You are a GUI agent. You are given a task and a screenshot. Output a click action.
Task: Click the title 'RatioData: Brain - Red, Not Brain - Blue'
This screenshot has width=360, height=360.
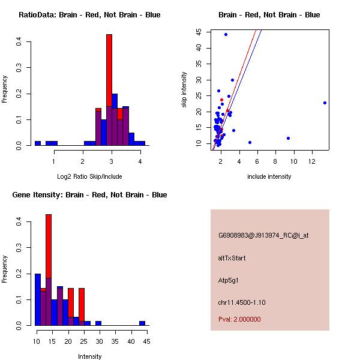[x=89, y=15]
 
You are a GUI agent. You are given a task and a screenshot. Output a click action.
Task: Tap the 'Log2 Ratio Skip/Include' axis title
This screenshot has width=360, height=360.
[x=89, y=176]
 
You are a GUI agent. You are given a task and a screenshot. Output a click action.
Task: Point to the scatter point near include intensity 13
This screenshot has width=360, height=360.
[x=325, y=103]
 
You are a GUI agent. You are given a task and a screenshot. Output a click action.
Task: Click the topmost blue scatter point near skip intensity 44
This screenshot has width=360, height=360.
[x=226, y=34]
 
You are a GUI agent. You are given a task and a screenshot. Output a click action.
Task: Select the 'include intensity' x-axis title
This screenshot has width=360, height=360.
[x=269, y=176]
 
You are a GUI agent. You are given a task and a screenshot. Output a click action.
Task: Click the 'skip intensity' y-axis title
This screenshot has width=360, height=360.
[x=184, y=90]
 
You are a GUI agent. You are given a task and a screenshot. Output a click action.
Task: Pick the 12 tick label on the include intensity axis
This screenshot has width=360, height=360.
[x=312, y=162]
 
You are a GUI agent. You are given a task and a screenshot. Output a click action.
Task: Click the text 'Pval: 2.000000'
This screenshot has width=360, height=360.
[x=239, y=319]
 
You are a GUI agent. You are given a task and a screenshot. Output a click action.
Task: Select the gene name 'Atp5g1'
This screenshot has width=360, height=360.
[x=229, y=280]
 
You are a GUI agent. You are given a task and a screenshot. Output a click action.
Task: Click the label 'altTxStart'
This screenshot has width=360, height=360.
[x=232, y=258]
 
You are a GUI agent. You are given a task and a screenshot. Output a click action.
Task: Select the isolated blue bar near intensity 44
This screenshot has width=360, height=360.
[x=142, y=323]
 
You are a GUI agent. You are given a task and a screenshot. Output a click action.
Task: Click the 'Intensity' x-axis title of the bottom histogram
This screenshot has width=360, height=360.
[x=89, y=356]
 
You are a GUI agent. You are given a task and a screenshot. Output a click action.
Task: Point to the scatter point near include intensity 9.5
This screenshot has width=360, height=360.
[x=288, y=138]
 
